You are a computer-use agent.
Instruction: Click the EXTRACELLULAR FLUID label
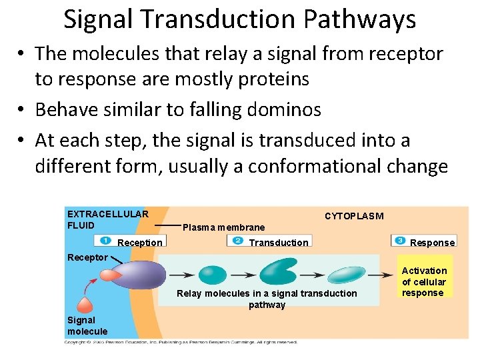pyautogui.click(x=107, y=219)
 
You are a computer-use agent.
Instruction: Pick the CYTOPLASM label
pyautogui.click(x=354, y=216)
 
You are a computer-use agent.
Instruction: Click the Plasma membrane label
pyautogui.click(x=223, y=227)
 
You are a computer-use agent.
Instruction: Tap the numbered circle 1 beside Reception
pyautogui.click(x=106, y=240)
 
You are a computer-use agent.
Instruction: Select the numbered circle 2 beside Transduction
pyautogui.click(x=237, y=240)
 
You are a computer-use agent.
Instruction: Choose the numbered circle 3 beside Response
pyautogui.click(x=399, y=240)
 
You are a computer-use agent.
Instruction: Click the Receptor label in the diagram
pyautogui.click(x=87, y=257)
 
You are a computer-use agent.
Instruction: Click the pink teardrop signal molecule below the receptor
pyautogui.click(x=85, y=305)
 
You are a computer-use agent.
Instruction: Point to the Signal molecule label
pyautogui.click(x=87, y=325)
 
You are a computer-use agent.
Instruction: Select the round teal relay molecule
pyautogui.click(x=213, y=275)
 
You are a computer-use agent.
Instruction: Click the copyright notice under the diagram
pyautogui.click(x=180, y=342)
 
